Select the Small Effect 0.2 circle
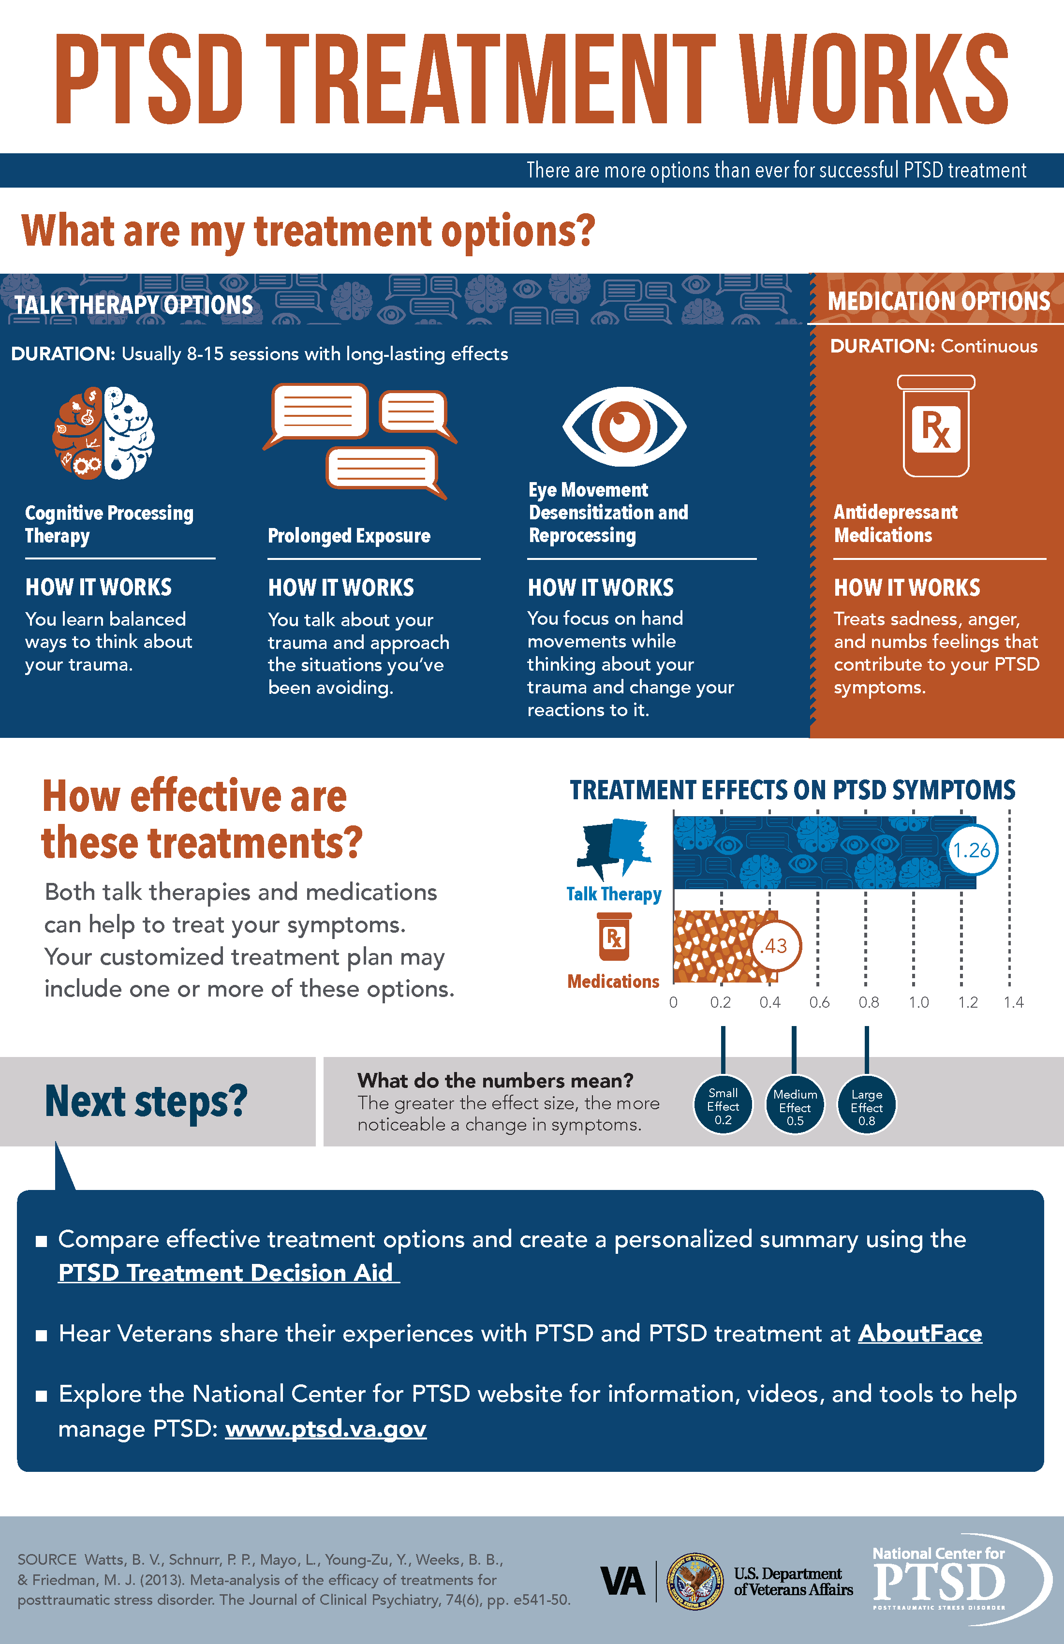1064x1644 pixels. [x=723, y=1106]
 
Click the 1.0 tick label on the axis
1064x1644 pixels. [x=918, y=1002]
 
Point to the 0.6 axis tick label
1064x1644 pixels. [x=819, y=1002]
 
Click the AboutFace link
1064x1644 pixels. [x=919, y=1333]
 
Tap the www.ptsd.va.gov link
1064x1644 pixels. [x=325, y=1428]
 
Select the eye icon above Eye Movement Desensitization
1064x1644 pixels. [x=624, y=426]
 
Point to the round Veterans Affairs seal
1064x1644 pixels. [x=695, y=1581]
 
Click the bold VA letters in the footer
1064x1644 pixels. [x=622, y=1581]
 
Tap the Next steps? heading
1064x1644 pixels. [x=146, y=1102]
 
